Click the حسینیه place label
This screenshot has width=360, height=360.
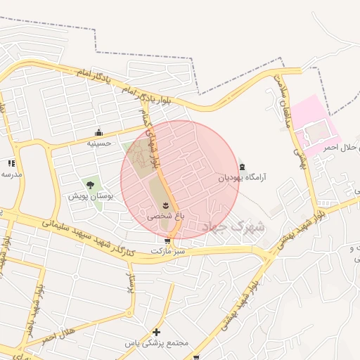[99, 143]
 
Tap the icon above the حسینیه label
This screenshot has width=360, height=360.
[99, 132]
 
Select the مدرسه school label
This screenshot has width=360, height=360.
[11, 173]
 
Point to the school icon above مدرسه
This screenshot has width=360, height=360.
[11, 162]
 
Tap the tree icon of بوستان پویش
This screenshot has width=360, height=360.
[90, 186]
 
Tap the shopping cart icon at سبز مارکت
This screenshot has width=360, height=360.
[167, 241]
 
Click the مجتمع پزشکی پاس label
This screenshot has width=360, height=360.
[157, 343]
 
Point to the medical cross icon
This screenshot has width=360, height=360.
[156, 332]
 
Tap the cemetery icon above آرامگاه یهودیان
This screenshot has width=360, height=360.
[243, 167]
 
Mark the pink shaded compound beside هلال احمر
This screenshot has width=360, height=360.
[314, 123]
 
